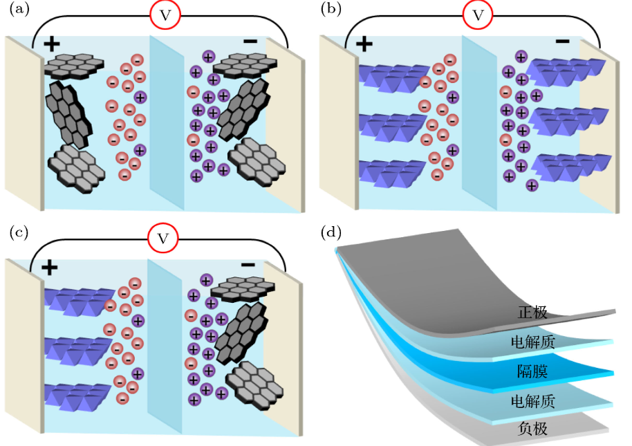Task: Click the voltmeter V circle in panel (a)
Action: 165,16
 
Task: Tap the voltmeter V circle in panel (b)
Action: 477,16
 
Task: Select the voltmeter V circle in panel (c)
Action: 163,239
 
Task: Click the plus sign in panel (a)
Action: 51,44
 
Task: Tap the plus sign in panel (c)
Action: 49,267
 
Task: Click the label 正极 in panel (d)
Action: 532,313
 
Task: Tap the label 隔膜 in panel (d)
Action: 532,371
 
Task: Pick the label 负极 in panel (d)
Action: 532,429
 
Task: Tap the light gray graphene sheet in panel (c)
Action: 257,387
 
